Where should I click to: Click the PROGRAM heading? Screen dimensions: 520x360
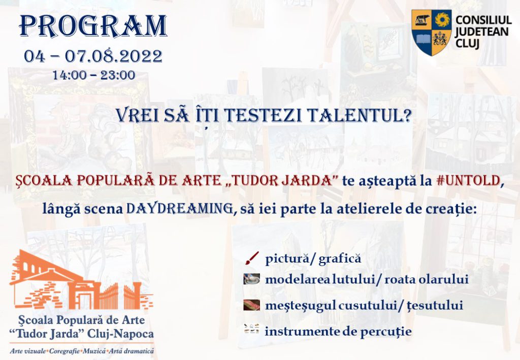[x=93, y=26]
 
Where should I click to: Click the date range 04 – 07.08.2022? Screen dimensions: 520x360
[x=93, y=56]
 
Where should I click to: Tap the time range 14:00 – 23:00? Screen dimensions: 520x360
[x=94, y=75]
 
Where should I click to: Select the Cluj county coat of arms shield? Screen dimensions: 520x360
[x=432, y=32]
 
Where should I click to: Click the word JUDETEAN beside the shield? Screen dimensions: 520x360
[x=482, y=32]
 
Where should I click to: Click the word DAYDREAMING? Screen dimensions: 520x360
[x=179, y=209]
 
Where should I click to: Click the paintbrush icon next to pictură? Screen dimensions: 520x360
[x=252, y=258]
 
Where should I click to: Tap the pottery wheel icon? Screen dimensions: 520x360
[x=252, y=279]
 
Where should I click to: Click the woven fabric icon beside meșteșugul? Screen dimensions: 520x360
[x=252, y=305]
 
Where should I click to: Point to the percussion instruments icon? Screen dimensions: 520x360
[x=252, y=329]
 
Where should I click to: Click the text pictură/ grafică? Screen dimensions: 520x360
[x=313, y=259]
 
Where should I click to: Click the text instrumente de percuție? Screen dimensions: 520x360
[x=338, y=332]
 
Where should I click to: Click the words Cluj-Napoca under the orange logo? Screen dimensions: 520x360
[x=120, y=334]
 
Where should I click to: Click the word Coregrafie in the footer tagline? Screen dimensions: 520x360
[x=64, y=351]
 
